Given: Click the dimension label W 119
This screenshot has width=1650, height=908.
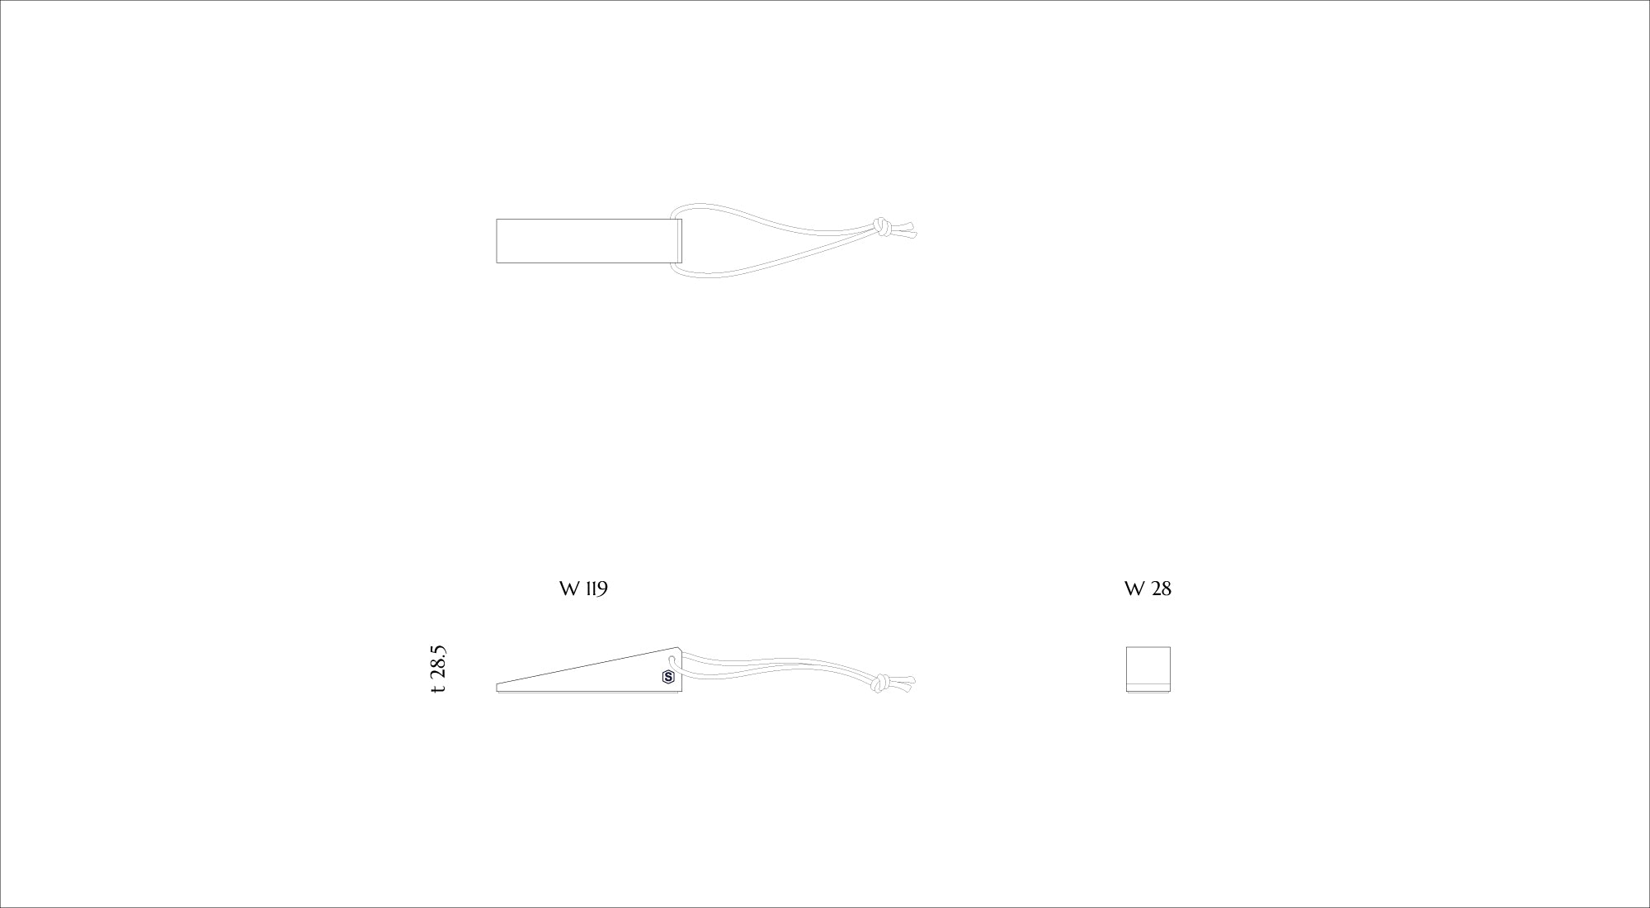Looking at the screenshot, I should pyautogui.click(x=583, y=589).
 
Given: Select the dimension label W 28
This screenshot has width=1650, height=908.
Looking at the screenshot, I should pyautogui.click(x=1148, y=589).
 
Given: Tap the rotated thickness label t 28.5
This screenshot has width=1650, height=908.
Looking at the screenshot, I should pyautogui.click(x=439, y=669).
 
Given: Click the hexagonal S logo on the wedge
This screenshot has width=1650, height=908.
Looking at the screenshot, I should pyautogui.click(x=667, y=678).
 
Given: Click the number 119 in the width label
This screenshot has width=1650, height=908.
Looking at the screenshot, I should pyautogui.click(x=596, y=589).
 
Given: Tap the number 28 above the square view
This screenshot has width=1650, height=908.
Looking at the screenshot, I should pyautogui.click(x=1161, y=589).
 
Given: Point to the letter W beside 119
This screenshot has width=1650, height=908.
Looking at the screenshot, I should pyautogui.click(x=568, y=589).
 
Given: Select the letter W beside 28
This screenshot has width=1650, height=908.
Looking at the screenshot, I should pyautogui.click(x=1134, y=589).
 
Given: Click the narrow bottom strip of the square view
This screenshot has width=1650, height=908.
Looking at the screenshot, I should pyautogui.click(x=1148, y=688).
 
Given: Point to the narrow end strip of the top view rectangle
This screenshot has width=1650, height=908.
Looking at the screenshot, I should pyautogui.click(x=680, y=241).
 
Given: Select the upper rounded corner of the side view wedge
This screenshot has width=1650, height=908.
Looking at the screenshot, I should pyautogui.click(x=678, y=650).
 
